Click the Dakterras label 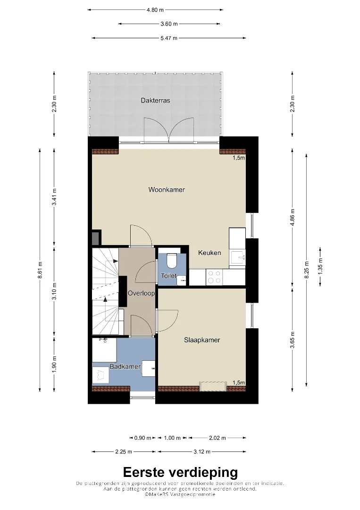(x=155, y=101)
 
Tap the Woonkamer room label (x=167, y=190)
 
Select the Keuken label (x=209, y=253)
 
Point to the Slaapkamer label (x=202, y=340)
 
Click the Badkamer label (x=125, y=366)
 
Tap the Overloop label (x=141, y=293)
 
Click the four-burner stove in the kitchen (x=214, y=277)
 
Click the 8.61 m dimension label (x=40, y=270)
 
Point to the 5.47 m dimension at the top (x=169, y=38)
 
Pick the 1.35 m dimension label (x=320, y=266)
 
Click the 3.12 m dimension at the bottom (x=202, y=451)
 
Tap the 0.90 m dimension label (x=142, y=438)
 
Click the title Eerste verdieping (x=180, y=472)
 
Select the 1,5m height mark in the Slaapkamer (x=239, y=382)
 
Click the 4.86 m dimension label (x=293, y=218)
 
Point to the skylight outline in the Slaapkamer (x=213, y=386)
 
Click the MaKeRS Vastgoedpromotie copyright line (x=180, y=494)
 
